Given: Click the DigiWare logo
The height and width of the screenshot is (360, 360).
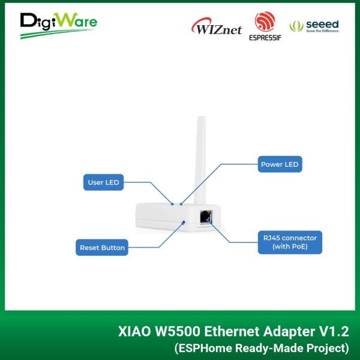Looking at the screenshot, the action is [59, 25].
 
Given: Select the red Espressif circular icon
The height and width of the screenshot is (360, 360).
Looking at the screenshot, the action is [265, 22].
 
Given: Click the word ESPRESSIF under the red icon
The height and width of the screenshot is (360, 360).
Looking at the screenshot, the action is [265, 38].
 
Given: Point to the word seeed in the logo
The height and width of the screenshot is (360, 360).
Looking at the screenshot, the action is [322, 24].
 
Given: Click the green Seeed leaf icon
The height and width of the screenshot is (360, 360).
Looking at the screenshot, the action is [296, 26].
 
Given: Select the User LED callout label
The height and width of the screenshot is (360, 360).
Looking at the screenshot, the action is [103, 182].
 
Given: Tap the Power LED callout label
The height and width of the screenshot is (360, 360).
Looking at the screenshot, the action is [280, 164].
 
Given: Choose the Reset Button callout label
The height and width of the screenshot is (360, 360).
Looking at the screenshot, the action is [102, 247].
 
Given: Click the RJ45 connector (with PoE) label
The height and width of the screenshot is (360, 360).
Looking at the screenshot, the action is [290, 242].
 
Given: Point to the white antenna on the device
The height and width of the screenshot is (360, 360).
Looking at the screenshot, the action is [200, 160].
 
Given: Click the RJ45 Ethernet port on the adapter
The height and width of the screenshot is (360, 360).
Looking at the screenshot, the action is [206, 217].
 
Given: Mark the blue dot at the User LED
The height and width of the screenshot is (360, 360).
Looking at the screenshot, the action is [172, 204].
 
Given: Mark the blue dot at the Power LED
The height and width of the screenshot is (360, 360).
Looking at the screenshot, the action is [181, 204].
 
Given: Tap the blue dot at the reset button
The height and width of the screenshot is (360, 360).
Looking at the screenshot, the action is [183, 223].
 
